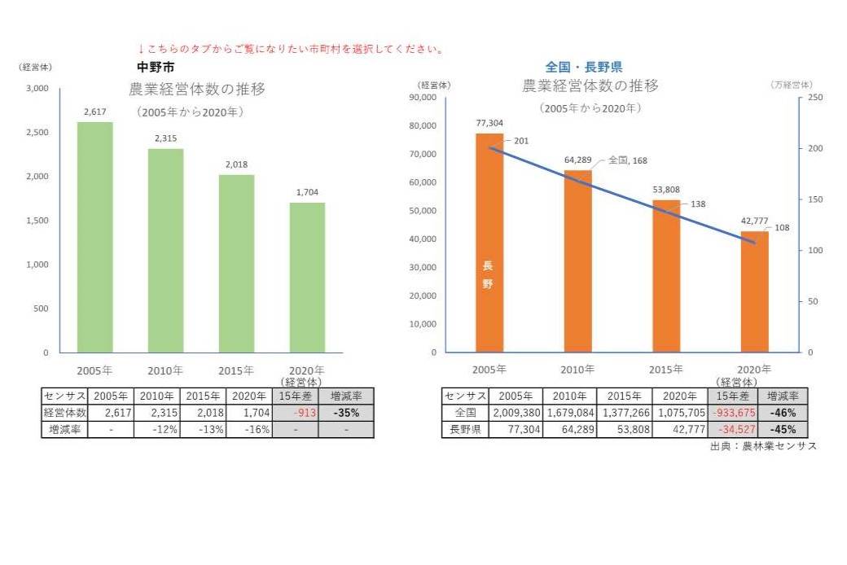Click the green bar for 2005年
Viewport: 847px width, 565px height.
94,237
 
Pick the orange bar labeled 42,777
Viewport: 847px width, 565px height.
753,291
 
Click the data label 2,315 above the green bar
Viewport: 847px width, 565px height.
166,139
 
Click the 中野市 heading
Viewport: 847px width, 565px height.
156,67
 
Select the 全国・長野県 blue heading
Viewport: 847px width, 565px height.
583,68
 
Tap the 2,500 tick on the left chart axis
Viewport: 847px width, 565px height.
37,132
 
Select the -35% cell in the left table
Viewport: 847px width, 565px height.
346,412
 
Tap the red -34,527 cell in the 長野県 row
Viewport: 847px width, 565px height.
733,429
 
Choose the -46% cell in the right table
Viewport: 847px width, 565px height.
783,412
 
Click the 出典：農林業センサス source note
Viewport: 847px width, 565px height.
762,446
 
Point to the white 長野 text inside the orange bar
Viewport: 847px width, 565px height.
488,274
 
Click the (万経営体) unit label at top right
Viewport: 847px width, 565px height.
790,85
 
